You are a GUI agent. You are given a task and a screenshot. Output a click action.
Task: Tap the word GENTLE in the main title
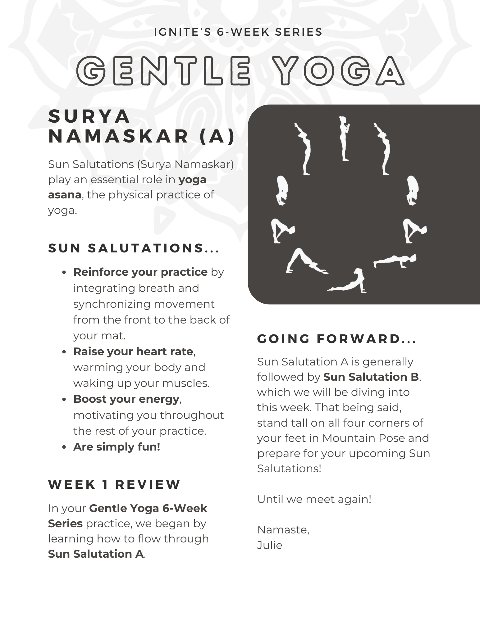tap(163, 71)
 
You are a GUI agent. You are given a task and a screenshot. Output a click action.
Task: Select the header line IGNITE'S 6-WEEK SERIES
tap(238, 32)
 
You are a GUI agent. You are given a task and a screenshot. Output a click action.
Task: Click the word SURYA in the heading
tap(89, 116)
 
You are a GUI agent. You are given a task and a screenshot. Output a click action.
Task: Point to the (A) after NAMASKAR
tap(217, 136)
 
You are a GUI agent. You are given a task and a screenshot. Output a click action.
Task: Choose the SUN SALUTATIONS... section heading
tap(134, 248)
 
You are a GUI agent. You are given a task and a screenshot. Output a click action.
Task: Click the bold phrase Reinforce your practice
tap(140, 272)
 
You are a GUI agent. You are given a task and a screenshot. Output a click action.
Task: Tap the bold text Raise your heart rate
tap(133, 351)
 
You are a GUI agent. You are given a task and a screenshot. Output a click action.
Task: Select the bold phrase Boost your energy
tap(126, 399)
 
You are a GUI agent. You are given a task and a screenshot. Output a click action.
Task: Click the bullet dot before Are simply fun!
tap(64, 447)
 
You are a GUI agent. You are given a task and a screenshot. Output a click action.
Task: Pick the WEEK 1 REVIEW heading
tap(114, 485)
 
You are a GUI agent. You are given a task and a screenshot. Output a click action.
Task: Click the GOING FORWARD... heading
tap(336, 339)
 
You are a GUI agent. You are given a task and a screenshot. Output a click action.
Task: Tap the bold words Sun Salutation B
tap(371, 377)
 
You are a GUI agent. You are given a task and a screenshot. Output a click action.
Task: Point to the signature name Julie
tap(270, 545)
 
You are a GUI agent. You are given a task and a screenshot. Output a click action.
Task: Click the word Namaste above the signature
tap(282, 530)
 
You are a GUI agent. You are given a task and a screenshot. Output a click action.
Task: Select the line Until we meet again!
tap(314, 499)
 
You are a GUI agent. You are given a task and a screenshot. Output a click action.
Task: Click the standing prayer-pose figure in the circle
tap(344, 138)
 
